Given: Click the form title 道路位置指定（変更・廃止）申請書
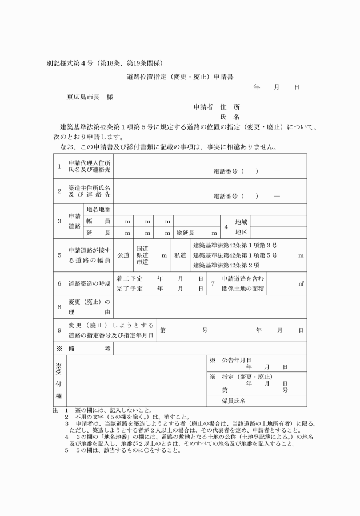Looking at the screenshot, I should click(180, 76).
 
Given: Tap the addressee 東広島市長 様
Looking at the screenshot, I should click(90, 97).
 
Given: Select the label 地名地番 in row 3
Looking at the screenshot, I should click(98, 210).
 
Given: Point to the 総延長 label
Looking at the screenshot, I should click(186, 233).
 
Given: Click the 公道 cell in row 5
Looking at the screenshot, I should click(123, 255).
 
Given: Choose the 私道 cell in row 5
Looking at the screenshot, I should click(179, 255).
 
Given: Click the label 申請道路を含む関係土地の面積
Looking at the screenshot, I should click(243, 283).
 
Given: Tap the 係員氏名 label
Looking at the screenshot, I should click(233, 401).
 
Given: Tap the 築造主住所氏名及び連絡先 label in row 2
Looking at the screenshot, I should click(89, 191).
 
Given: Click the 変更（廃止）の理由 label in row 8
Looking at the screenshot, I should click(89, 307).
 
